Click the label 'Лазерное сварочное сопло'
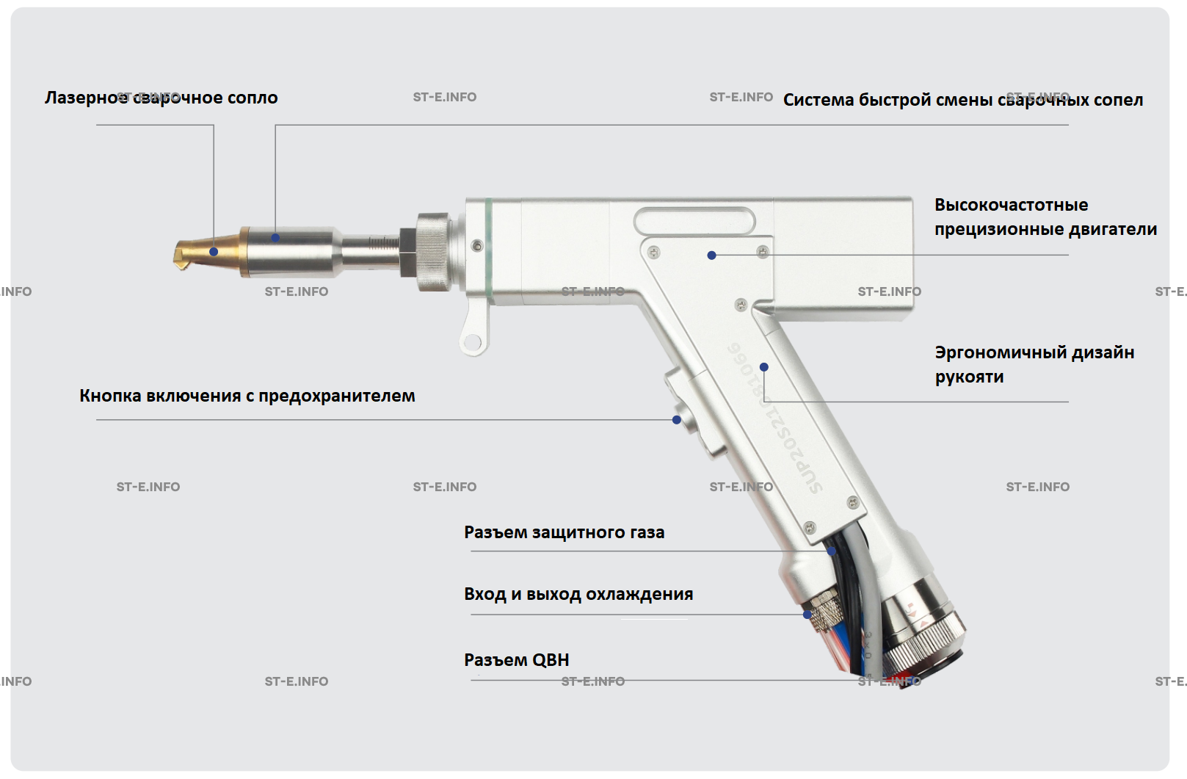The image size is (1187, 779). coord(161,98)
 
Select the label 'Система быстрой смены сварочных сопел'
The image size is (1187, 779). coord(962,100)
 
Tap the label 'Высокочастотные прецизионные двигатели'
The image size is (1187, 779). coord(1045,217)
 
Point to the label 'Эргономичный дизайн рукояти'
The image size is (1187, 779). coord(1034,364)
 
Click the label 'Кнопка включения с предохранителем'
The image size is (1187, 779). coord(247,396)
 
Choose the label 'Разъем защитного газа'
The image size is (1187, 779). coord(564,532)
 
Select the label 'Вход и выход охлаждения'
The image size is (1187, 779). coord(578,594)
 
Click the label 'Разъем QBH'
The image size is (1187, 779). coord(516,660)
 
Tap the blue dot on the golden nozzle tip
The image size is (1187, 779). coord(214,252)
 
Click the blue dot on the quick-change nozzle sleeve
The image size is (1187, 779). coord(275,238)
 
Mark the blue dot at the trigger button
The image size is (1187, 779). coord(677,420)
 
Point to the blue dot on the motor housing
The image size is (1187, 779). coord(711,256)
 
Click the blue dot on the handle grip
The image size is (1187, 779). coord(764,367)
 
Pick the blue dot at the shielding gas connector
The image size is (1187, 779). coord(831,551)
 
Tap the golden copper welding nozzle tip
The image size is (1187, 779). coord(198,251)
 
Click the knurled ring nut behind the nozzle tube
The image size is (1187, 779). coord(433,251)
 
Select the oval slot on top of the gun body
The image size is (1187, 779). coord(694,221)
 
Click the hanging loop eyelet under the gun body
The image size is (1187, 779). coord(473,341)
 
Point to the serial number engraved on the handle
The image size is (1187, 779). coord(774,419)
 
